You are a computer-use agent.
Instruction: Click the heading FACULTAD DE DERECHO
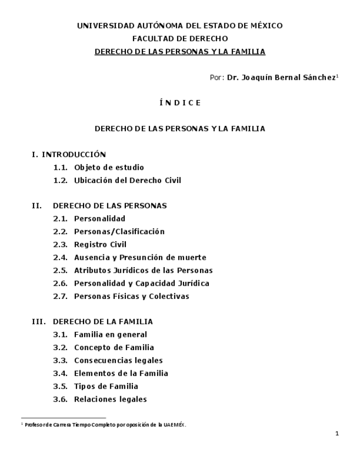(180, 38)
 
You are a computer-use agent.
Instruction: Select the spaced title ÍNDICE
(180, 103)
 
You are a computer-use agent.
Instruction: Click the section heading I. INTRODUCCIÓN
(69, 154)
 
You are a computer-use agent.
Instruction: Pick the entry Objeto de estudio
(109, 168)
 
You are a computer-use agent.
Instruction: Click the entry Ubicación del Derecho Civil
(128, 180)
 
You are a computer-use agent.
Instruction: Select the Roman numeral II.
(37, 206)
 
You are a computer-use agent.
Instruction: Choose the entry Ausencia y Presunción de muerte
(140, 258)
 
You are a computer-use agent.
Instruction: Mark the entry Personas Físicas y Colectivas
(131, 296)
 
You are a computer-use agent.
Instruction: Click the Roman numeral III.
(38, 322)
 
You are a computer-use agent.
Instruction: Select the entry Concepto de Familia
(114, 347)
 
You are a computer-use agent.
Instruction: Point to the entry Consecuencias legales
(118, 360)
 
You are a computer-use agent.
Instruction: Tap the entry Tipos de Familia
(106, 386)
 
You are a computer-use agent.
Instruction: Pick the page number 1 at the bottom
(337, 434)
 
